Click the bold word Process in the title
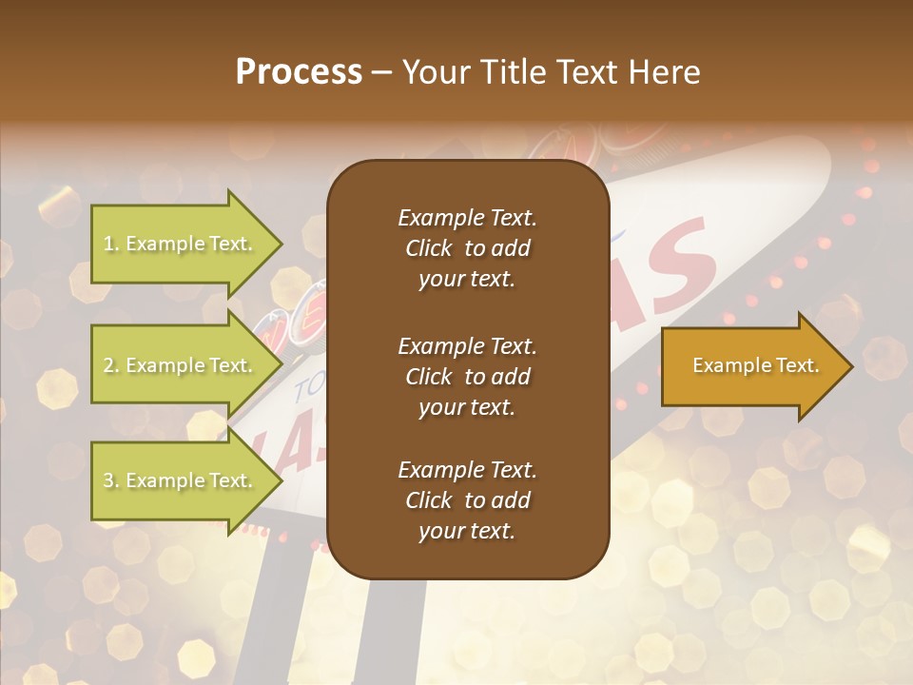(299, 72)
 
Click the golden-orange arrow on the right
(751, 365)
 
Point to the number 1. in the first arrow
(111, 245)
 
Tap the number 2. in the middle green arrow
(111, 366)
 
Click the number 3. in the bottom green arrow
(111, 481)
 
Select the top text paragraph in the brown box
(467, 248)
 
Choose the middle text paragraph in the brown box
(467, 377)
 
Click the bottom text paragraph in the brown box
(467, 500)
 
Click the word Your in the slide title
(432, 72)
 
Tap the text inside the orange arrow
(755, 365)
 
